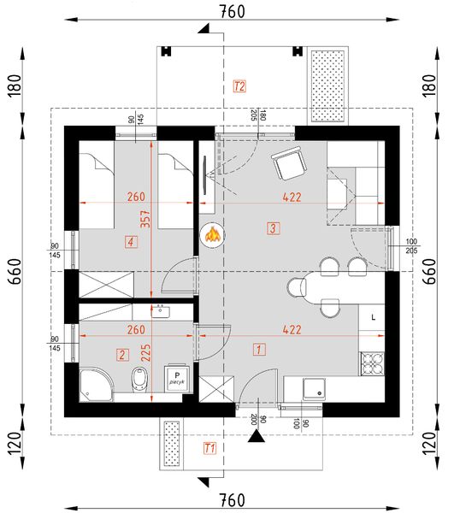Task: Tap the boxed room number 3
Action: (273, 228)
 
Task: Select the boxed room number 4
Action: (130, 242)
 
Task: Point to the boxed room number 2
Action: (123, 354)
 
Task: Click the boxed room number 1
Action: (259, 348)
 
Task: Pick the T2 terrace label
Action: (239, 86)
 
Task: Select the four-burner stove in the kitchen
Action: (374, 365)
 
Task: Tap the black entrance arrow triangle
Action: (255, 436)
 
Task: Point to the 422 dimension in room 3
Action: (292, 196)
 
